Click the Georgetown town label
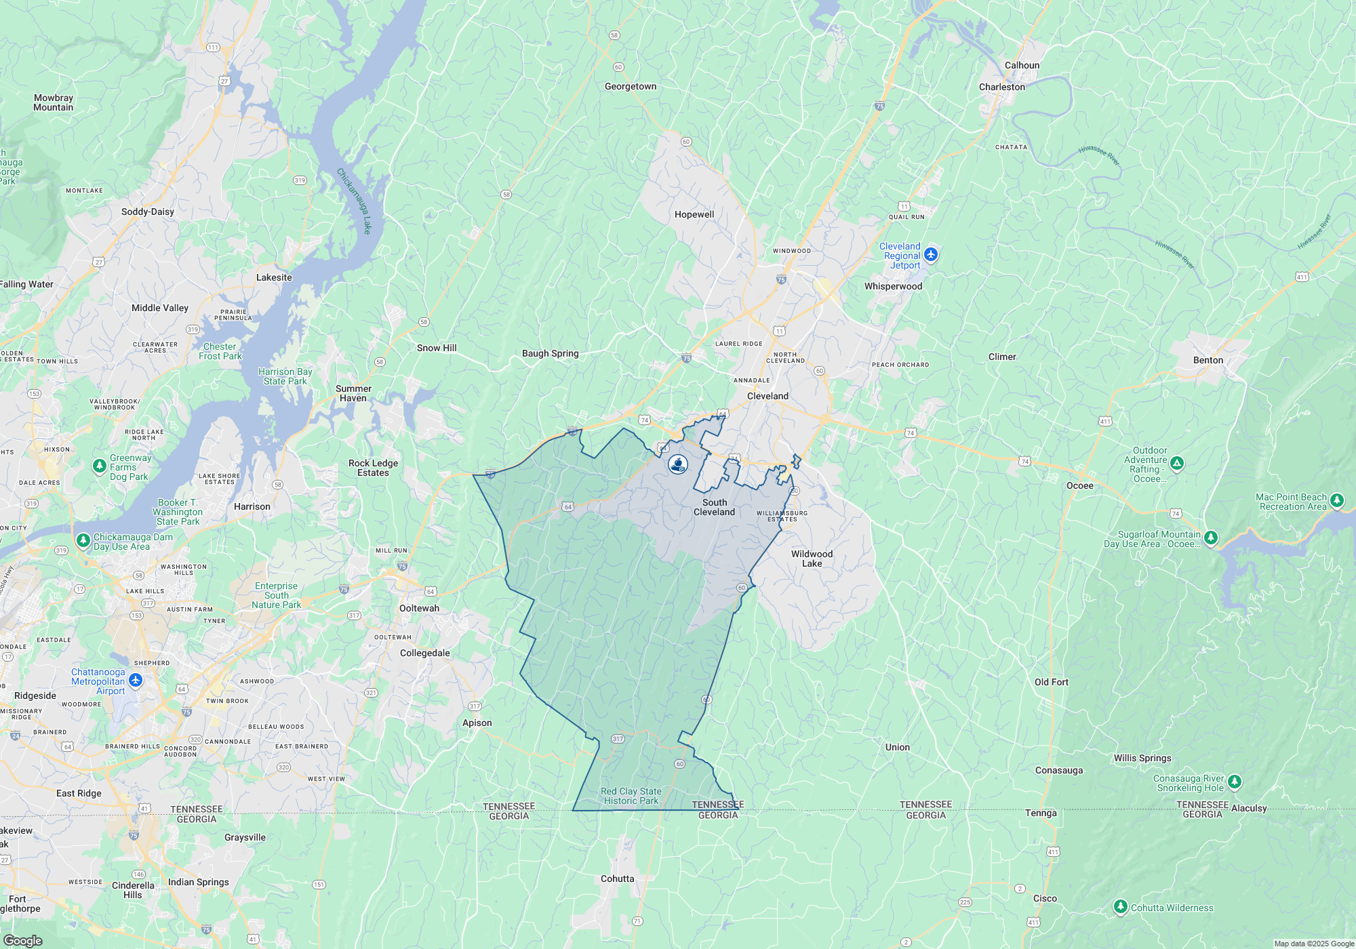pos(631,86)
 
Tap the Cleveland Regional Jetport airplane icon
pos(931,254)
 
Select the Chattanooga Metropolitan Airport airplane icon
pos(136,679)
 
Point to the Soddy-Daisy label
pos(148,211)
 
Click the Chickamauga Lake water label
pos(354,201)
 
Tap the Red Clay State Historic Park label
pos(631,796)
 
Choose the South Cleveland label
pos(714,507)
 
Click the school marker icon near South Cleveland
pos(678,464)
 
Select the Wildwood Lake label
pos(812,559)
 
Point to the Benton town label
pos(1208,360)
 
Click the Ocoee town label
pos(1079,485)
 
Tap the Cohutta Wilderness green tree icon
pos(1121,907)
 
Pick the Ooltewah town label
pos(419,608)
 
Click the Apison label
pos(477,723)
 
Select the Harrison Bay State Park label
pos(285,376)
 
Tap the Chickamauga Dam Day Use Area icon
pos(83,540)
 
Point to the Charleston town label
pos(1002,87)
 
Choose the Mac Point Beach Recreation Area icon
pos(1336,500)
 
